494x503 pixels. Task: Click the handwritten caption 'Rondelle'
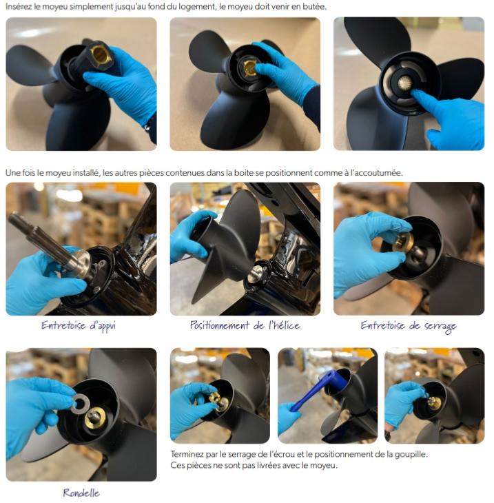click(81, 493)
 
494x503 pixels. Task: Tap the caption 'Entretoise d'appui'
click(79, 326)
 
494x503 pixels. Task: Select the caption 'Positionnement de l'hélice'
click(245, 325)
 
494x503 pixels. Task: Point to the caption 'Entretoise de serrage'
click(409, 326)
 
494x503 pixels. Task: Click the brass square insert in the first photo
click(99, 55)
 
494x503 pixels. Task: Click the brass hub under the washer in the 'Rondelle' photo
click(95, 418)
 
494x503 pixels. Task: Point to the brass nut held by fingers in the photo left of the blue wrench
click(214, 398)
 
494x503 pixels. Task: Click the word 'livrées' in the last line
click(267, 465)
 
